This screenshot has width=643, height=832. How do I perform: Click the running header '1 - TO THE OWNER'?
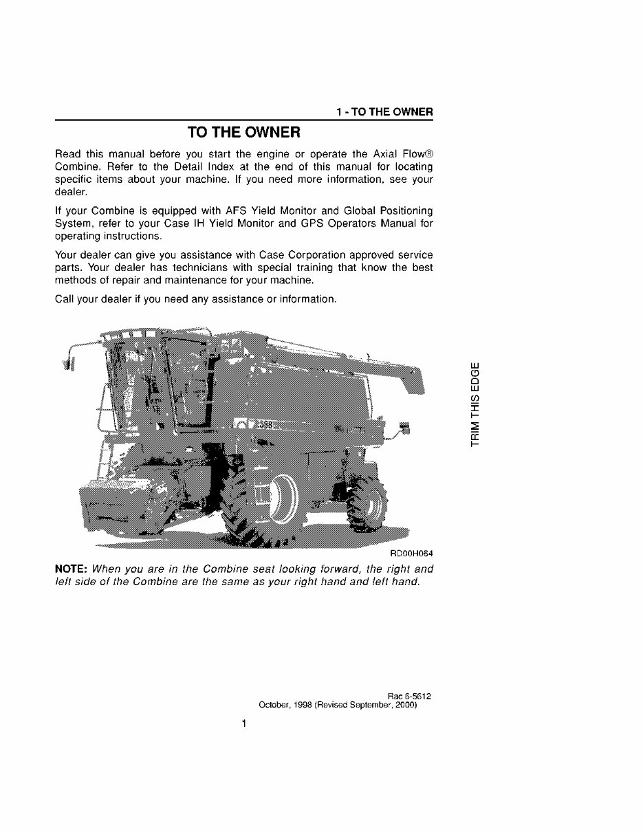[384, 112]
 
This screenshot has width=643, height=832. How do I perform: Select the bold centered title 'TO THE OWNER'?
[243, 132]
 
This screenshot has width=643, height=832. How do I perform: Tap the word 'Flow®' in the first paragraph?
[415, 153]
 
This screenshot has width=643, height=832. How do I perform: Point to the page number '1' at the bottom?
[243, 724]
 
